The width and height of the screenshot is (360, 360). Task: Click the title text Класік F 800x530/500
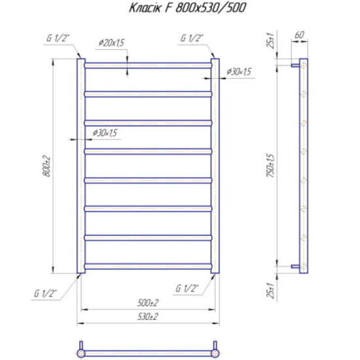(187, 7)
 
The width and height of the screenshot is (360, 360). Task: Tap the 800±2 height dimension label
(46, 166)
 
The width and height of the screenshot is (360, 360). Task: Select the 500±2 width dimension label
(148, 303)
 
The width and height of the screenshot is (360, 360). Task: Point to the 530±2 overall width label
(148, 317)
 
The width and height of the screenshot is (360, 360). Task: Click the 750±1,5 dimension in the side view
(270, 166)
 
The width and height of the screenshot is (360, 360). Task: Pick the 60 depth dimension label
(299, 35)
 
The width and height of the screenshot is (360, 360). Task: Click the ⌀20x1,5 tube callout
(111, 43)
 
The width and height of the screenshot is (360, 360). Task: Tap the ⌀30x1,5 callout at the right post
(239, 71)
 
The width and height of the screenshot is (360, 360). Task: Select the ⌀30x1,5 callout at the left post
(105, 133)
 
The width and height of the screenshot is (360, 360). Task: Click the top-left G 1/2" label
(58, 38)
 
